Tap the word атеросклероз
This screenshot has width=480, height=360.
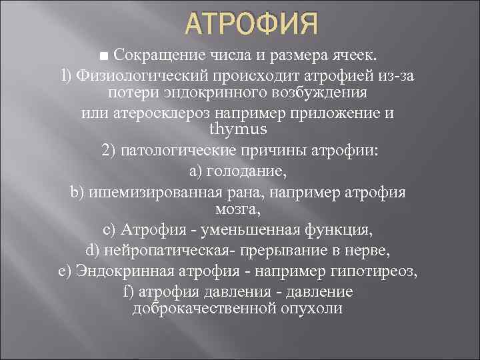pos(175,113)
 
